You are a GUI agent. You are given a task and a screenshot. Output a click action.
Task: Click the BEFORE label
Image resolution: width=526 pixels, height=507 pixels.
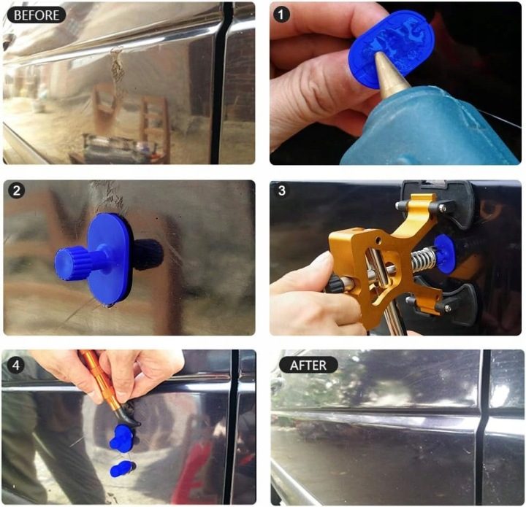pyautogui.click(x=37, y=15)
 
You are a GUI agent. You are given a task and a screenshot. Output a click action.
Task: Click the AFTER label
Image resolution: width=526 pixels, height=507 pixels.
pyautogui.click(x=308, y=365)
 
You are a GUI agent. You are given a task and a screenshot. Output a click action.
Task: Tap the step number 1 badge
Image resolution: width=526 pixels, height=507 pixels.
pyautogui.click(x=281, y=15)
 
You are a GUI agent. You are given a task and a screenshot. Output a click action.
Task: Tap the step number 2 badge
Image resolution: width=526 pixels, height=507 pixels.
pyautogui.click(x=16, y=191)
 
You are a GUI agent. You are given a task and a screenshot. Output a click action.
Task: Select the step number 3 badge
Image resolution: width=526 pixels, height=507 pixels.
pyautogui.click(x=281, y=190)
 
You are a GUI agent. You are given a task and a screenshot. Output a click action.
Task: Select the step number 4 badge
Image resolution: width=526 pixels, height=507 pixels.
pyautogui.click(x=16, y=365)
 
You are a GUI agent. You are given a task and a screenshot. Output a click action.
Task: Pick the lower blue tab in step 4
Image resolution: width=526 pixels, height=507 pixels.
pyautogui.click(x=122, y=468)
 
